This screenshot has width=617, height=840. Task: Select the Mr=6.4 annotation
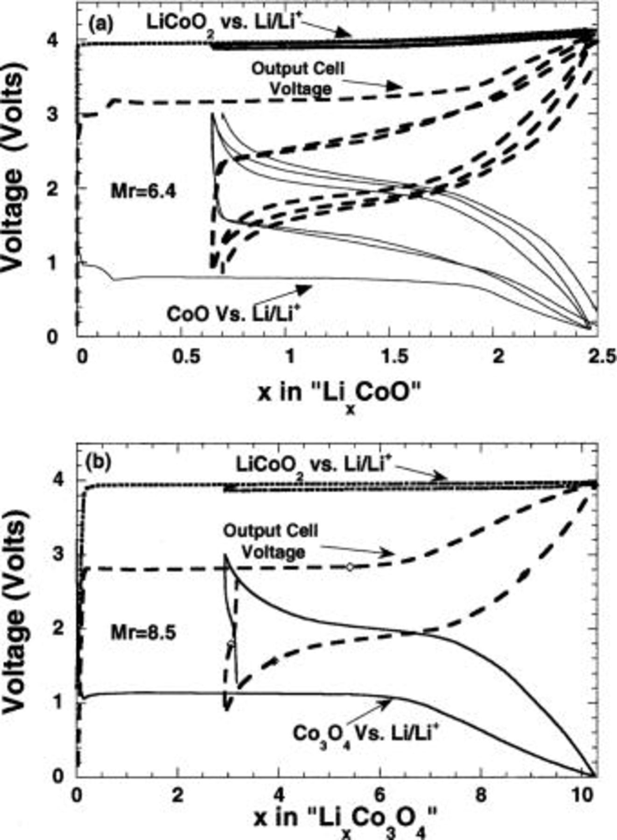(x=143, y=191)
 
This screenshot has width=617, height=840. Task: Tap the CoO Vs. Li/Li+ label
(x=232, y=313)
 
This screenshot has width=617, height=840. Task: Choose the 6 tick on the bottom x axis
(x=379, y=794)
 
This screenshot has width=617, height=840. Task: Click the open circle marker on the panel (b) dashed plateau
(x=350, y=567)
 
